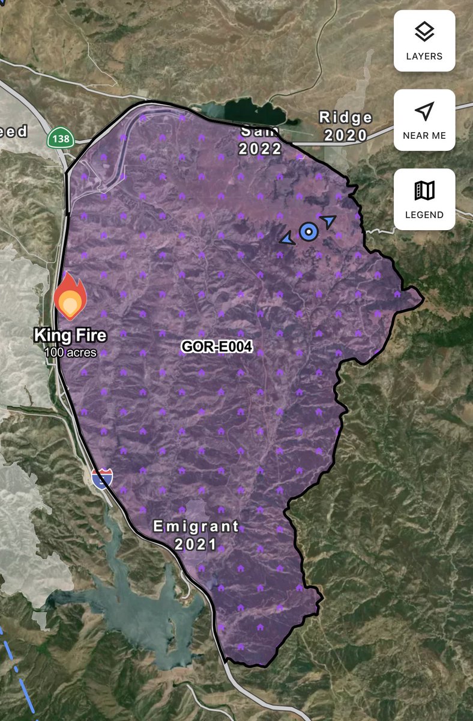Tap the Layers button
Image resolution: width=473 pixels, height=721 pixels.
(424, 40)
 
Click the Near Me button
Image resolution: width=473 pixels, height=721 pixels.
(424, 120)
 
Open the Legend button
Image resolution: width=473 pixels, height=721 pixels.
(424, 199)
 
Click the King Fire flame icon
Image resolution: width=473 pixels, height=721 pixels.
(70, 296)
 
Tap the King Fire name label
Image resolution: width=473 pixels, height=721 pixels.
(70, 335)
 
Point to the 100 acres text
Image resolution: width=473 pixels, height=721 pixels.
(70, 352)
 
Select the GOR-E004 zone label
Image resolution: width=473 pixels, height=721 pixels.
(217, 347)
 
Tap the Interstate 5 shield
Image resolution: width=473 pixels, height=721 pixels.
(102, 478)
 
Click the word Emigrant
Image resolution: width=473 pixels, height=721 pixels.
(196, 527)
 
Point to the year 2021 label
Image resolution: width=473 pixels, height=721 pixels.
(196, 546)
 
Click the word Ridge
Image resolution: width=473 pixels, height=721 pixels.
(346, 117)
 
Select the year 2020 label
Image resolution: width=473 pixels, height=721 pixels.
(346, 135)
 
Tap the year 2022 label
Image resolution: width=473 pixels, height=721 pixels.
(260, 148)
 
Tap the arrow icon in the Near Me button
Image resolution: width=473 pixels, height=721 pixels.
(424, 111)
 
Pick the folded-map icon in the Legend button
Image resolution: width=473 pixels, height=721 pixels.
(424, 191)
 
